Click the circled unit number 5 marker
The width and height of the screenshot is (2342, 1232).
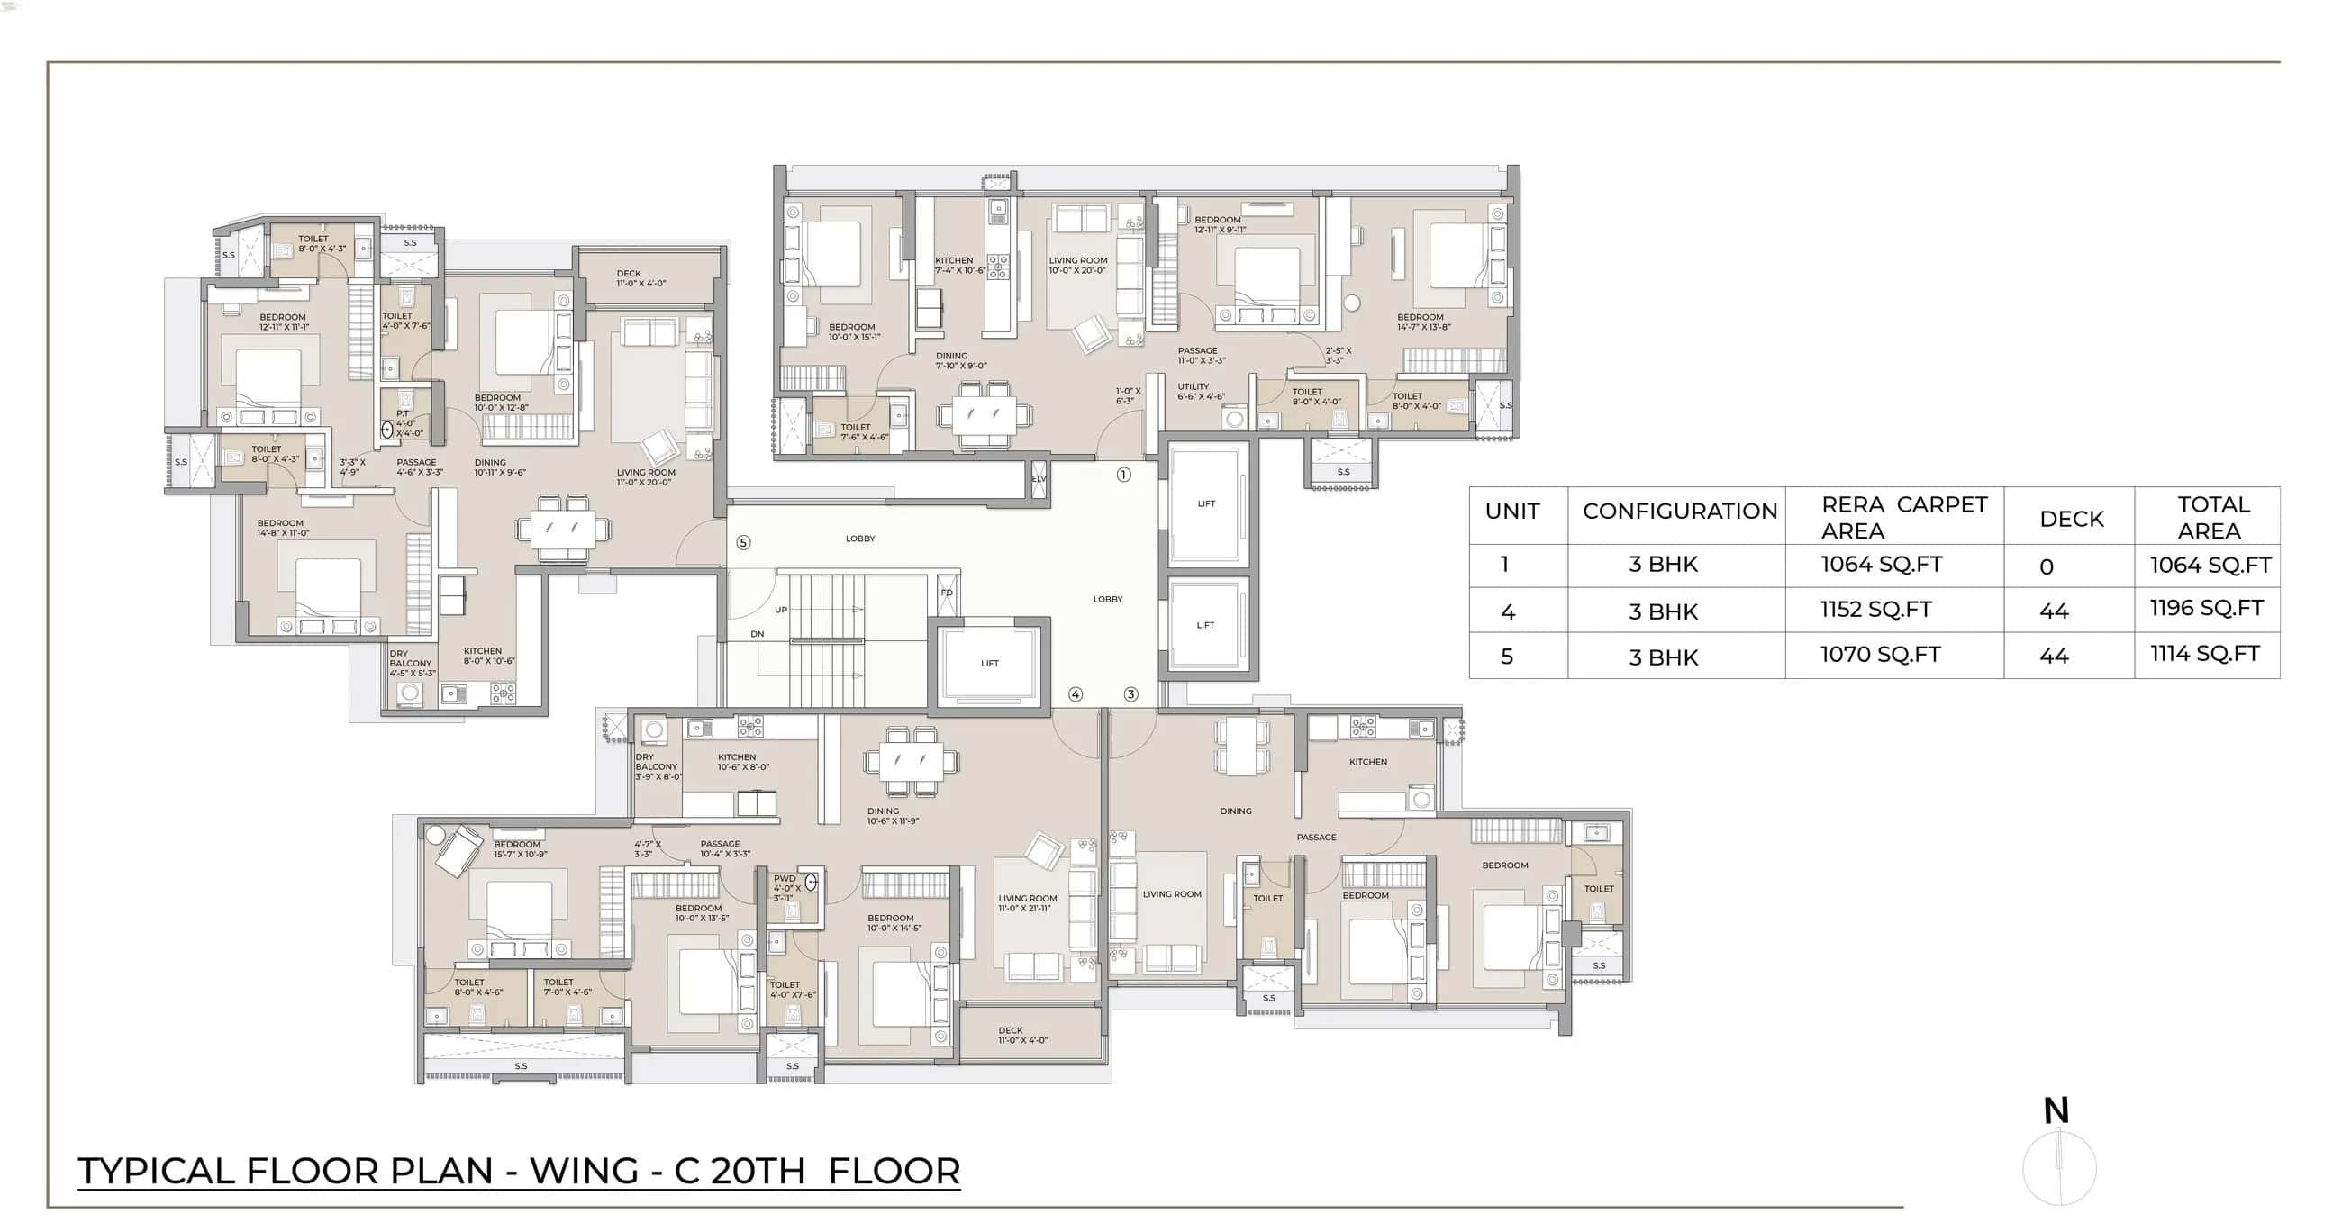point(743,543)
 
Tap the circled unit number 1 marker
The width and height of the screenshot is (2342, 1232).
point(1124,475)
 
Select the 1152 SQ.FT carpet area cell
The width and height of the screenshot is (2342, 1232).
point(1875,609)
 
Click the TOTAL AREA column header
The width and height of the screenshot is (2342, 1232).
point(2212,516)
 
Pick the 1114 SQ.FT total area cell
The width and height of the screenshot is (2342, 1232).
point(2204,654)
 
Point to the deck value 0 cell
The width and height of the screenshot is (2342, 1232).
point(2046,567)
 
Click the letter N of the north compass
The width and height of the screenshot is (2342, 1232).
point(2056,1110)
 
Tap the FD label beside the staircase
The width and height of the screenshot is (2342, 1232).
point(947,593)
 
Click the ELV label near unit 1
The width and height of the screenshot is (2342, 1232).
point(1039,478)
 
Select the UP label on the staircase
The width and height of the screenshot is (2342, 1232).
point(780,610)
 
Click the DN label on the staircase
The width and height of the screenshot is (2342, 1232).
point(758,634)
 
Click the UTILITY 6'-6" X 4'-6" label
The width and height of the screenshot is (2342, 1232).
point(1200,391)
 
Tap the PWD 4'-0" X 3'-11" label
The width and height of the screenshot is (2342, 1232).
point(786,888)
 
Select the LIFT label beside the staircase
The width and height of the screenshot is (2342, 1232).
point(989,663)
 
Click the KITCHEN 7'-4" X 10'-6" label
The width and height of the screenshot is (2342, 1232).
point(959,265)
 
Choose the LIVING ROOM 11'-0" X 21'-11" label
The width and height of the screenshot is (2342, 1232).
point(1028,903)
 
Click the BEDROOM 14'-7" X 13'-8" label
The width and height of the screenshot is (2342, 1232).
point(1423,322)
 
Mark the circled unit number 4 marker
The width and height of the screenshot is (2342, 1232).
point(1076,693)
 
